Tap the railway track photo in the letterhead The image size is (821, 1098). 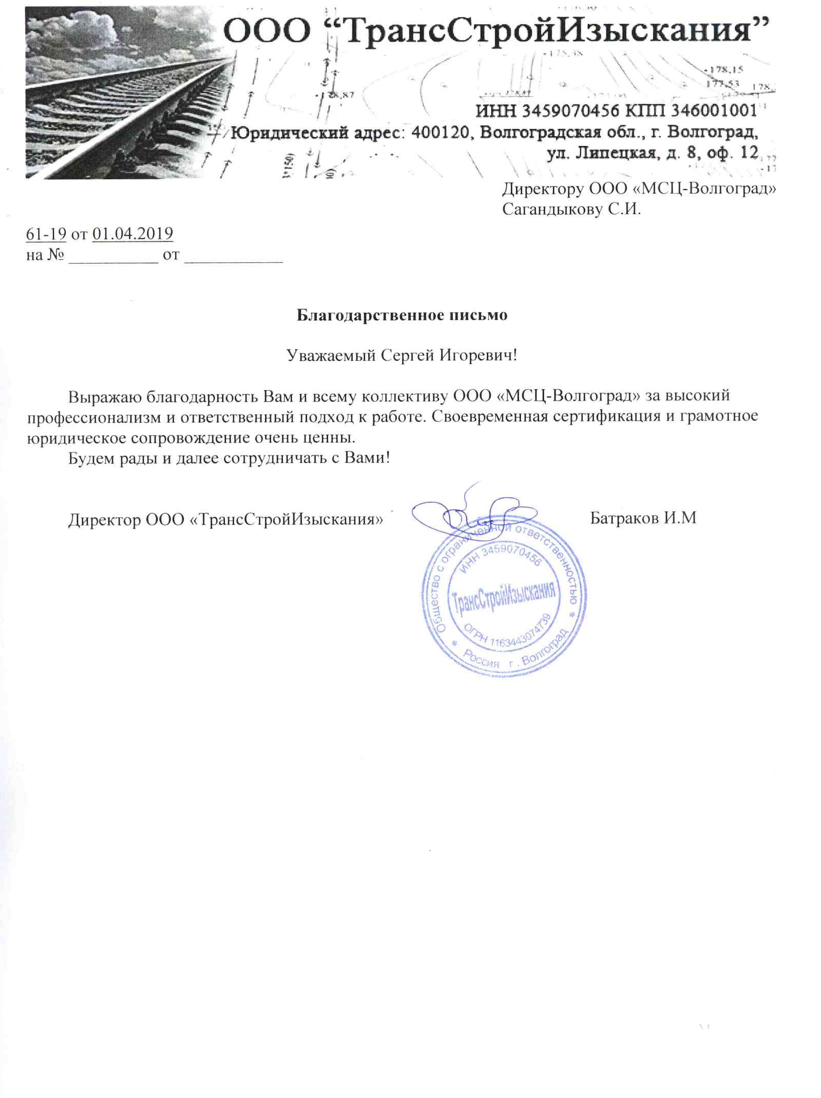coord(123,97)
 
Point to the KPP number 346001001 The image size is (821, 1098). coord(716,110)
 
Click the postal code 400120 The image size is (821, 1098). coord(440,132)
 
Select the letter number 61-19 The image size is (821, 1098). coord(46,234)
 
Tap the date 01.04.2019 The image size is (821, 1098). coord(132,234)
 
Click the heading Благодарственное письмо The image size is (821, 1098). coord(402,315)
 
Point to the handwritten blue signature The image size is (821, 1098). coord(462,513)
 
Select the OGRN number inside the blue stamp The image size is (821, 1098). coord(508,634)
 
